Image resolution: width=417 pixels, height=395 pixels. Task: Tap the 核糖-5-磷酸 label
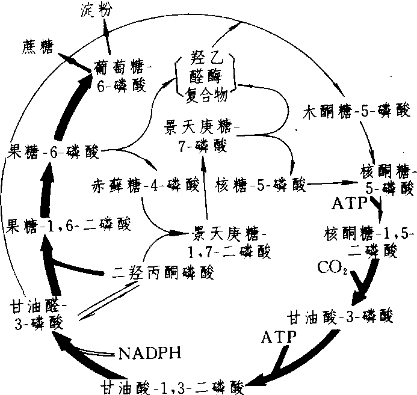260,185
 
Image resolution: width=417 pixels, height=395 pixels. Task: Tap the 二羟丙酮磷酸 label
162,272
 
